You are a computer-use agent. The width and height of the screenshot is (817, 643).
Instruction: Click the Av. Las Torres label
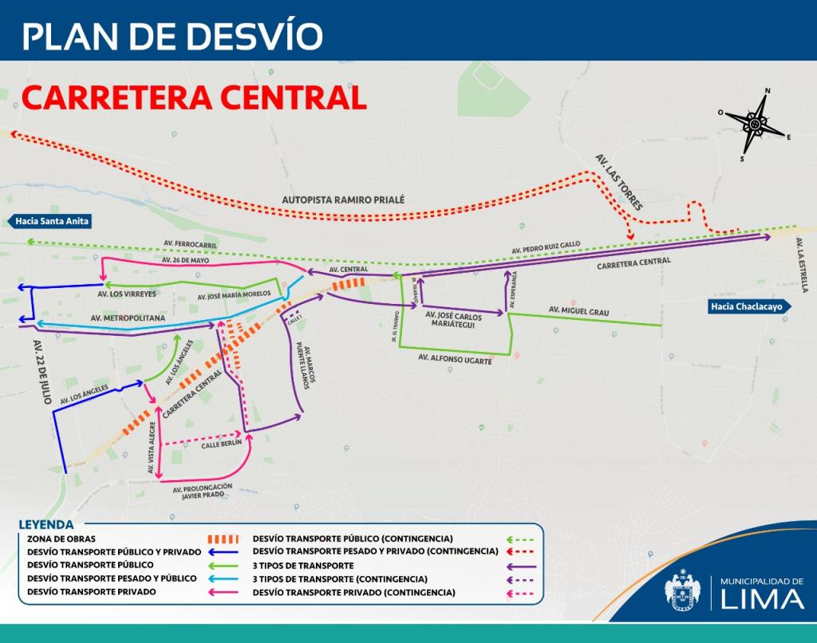click(618, 183)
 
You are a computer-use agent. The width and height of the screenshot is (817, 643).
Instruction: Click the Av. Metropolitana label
click(128, 318)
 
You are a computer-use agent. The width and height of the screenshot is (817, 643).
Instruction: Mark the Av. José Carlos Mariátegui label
click(460, 320)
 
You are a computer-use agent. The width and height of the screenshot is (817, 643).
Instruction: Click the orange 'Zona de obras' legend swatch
click(223, 538)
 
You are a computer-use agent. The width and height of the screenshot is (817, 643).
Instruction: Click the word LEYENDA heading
click(45, 525)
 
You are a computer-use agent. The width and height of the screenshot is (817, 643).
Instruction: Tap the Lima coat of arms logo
click(685, 591)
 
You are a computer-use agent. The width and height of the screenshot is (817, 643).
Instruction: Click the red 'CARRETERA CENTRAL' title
click(194, 97)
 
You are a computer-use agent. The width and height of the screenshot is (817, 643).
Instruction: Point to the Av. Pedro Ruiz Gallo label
click(547, 248)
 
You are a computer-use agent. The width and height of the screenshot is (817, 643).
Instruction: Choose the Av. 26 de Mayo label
click(185, 260)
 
